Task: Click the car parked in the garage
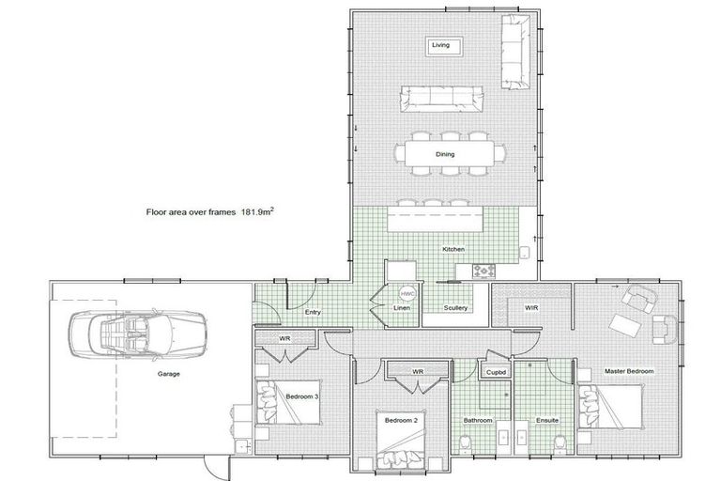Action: [x=131, y=330]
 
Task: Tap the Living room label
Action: [x=440, y=44]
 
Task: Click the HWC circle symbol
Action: [x=407, y=293]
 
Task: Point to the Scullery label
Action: [x=455, y=308]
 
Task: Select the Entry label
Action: [x=313, y=312]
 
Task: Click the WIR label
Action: [x=530, y=306]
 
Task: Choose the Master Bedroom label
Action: [x=629, y=372]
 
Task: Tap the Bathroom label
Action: [x=478, y=421]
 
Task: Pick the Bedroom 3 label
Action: [x=303, y=396]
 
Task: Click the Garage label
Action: [x=168, y=373]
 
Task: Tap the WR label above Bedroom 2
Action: [x=419, y=371]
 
